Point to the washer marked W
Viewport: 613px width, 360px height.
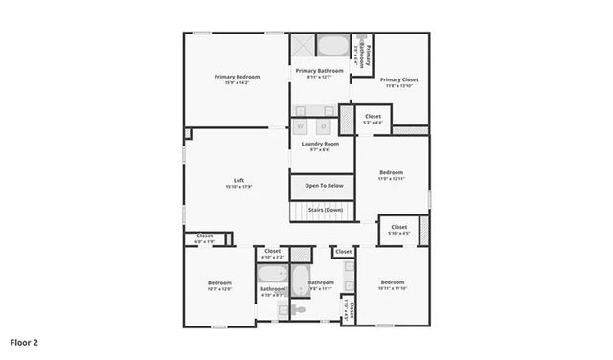[301, 125]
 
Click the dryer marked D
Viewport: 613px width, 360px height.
[324, 125]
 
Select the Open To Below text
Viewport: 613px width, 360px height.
[324, 185]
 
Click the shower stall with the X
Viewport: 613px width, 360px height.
[303, 46]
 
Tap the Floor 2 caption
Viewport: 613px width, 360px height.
[24, 341]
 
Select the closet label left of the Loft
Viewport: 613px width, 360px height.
[205, 236]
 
